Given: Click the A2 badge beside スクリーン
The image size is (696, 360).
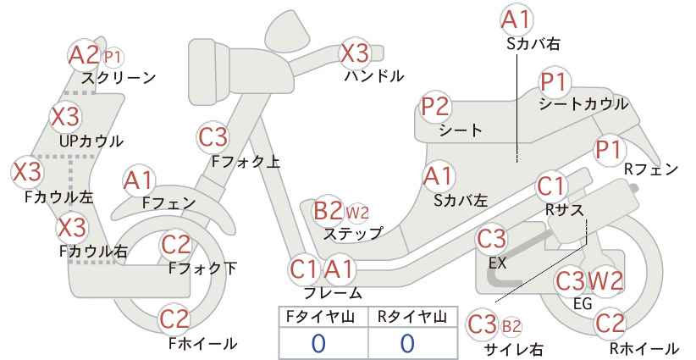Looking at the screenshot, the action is (84, 55).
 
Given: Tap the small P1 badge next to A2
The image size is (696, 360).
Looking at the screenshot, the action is (113, 57).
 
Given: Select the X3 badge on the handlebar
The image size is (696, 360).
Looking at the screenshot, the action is (354, 53).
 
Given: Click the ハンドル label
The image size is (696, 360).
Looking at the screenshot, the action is (374, 76).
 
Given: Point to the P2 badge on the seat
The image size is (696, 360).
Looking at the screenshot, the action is (436, 107).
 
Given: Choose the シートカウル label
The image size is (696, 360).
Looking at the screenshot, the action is (583, 104).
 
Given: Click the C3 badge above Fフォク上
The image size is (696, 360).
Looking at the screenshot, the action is (213, 137).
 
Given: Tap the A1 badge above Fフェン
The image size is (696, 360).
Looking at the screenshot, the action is (139, 181).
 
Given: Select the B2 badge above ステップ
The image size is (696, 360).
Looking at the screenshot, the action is (328, 210).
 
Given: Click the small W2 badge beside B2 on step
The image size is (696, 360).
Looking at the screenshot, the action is (357, 213).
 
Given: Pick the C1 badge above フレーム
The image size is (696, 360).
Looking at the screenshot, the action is (304, 269).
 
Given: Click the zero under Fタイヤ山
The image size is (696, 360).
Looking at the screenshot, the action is (318, 343).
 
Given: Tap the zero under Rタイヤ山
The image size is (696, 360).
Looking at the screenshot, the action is (407, 343).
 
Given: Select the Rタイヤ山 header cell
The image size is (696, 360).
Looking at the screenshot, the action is (413, 317).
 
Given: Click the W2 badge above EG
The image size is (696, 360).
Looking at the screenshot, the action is (605, 281).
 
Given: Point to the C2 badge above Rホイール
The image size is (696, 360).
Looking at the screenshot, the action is (610, 324).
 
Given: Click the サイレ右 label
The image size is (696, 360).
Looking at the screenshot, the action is (515, 349).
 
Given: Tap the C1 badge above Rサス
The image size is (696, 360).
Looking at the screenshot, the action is (550, 186).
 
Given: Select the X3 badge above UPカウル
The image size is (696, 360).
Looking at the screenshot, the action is (65, 116).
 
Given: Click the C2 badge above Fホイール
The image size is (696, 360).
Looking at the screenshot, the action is (174, 318).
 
